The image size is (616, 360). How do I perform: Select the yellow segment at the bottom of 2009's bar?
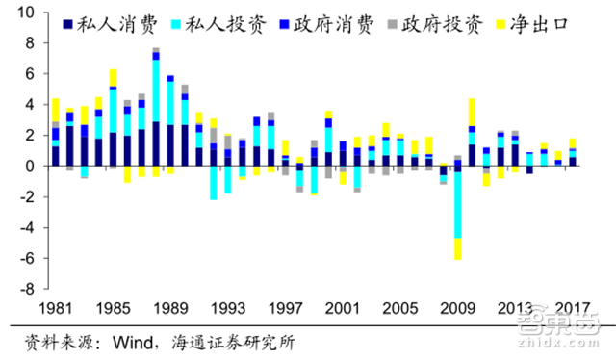pos(457,248)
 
